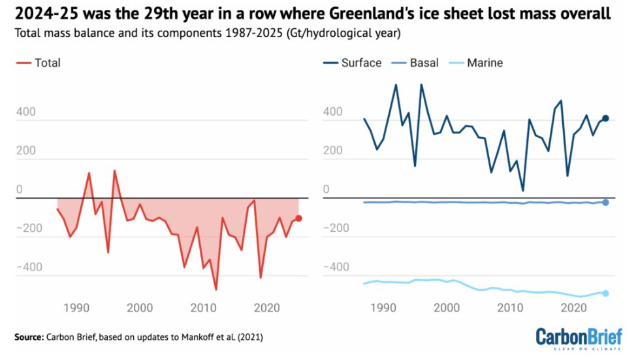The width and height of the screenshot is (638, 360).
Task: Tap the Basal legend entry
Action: click(x=417, y=63)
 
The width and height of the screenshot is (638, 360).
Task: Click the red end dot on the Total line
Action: click(x=298, y=218)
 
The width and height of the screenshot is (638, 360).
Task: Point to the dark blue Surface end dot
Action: click(x=605, y=118)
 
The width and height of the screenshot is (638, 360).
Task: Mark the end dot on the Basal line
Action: click(x=605, y=203)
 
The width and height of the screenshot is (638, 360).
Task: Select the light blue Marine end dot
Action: click(x=605, y=293)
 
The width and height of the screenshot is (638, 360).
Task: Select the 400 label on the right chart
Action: click(x=332, y=112)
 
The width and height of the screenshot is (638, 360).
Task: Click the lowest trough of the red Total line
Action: click(x=215, y=289)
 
